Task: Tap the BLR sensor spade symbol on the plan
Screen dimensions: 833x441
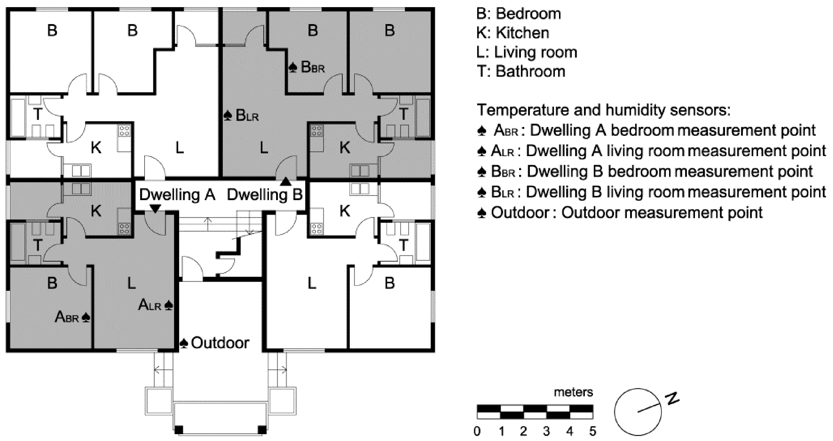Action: click(x=228, y=116)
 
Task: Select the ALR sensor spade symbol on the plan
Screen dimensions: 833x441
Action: click(x=168, y=305)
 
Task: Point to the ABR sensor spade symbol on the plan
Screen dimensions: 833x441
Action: click(x=86, y=318)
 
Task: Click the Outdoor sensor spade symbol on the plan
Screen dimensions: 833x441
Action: click(x=184, y=343)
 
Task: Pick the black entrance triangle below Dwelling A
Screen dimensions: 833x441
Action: click(x=155, y=209)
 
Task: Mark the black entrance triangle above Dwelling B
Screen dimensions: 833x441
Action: click(x=286, y=182)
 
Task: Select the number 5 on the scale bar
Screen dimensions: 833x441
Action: click(x=592, y=431)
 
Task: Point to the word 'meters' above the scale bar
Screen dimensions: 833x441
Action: click(x=573, y=392)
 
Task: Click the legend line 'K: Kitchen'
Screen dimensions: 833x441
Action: click(x=513, y=33)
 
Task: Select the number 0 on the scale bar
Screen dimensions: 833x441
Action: click(x=477, y=431)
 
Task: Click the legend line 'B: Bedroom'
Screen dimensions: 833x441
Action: click(x=519, y=14)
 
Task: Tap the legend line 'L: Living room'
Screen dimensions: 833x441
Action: click(x=527, y=52)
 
